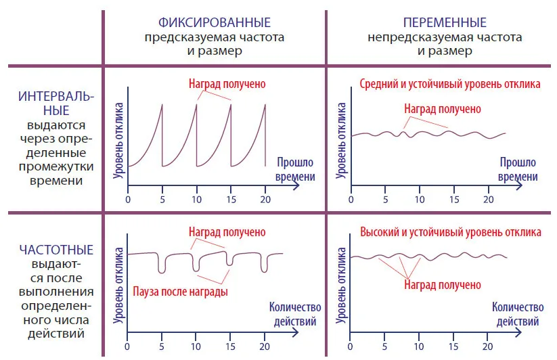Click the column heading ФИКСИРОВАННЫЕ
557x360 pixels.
click(214, 22)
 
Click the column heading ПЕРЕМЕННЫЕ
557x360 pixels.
click(445, 22)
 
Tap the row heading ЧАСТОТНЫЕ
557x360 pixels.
click(56, 250)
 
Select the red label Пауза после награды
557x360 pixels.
click(180, 292)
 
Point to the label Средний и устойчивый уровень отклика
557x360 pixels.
click(449, 84)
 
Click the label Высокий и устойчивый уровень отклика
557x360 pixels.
click(451, 232)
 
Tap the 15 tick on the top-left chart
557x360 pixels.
click(231, 200)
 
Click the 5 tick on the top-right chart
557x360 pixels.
click(385, 200)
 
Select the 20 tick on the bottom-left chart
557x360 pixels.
click(265, 346)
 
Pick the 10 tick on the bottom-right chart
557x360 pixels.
click(419, 346)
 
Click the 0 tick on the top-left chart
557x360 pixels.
click(128, 200)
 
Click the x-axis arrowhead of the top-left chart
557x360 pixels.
click(296, 185)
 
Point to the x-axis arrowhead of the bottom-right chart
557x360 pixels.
click(518, 333)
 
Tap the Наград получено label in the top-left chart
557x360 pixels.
click(227, 84)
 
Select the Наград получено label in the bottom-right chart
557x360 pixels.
click(443, 285)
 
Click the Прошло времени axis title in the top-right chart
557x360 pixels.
click(518, 169)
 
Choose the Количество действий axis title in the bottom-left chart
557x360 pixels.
click(295, 314)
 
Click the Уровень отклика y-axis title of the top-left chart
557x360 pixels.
click(118, 141)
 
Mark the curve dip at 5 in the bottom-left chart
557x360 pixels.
click(162, 273)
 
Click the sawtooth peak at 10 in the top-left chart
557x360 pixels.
click(196, 104)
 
